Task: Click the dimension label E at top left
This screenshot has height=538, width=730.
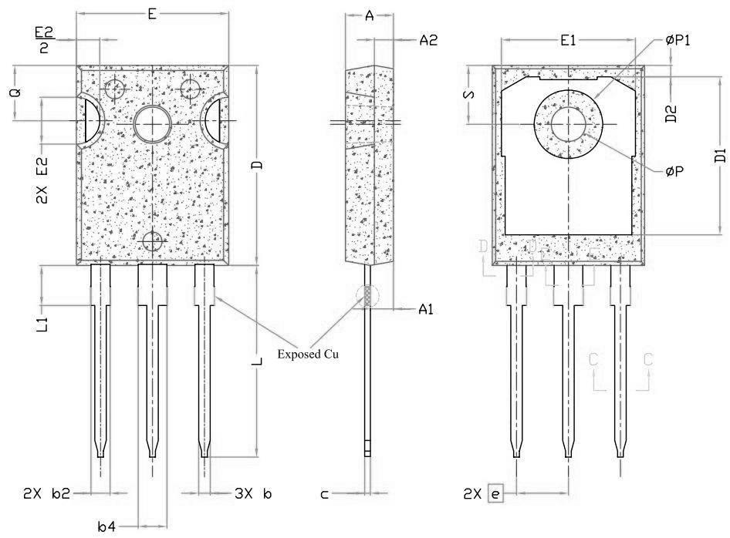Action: (x=152, y=12)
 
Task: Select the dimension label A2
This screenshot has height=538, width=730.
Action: (x=428, y=41)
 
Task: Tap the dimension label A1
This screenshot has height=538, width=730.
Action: (x=427, y=309)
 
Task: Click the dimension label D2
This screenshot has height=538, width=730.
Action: (x=672, y=115)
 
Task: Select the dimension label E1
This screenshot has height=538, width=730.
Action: (x=569, y=41)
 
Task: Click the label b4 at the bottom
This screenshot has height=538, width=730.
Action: (x=106, y=526)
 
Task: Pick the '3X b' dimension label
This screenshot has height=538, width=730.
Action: (x=254, y=493)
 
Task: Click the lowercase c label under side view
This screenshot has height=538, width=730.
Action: (x=325, y=494)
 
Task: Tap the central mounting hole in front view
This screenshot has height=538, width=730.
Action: (x=154, y=123)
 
